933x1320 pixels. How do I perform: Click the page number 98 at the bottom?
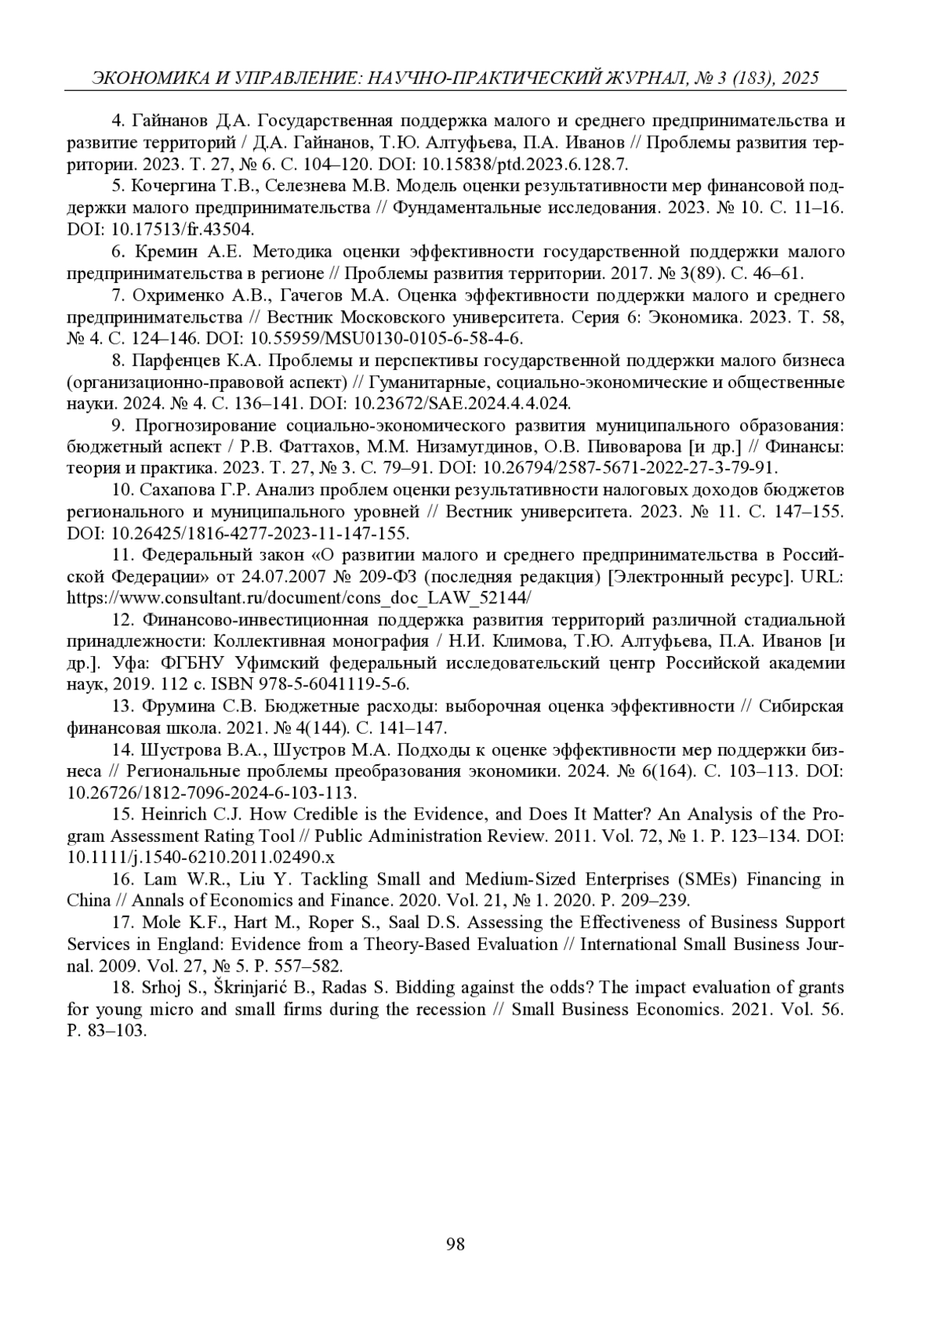(456, 1244)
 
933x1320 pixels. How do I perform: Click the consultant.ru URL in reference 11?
(299, 598)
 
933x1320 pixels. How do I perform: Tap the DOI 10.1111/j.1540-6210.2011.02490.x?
(201, 857)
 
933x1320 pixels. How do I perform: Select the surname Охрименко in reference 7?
(180, 295)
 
